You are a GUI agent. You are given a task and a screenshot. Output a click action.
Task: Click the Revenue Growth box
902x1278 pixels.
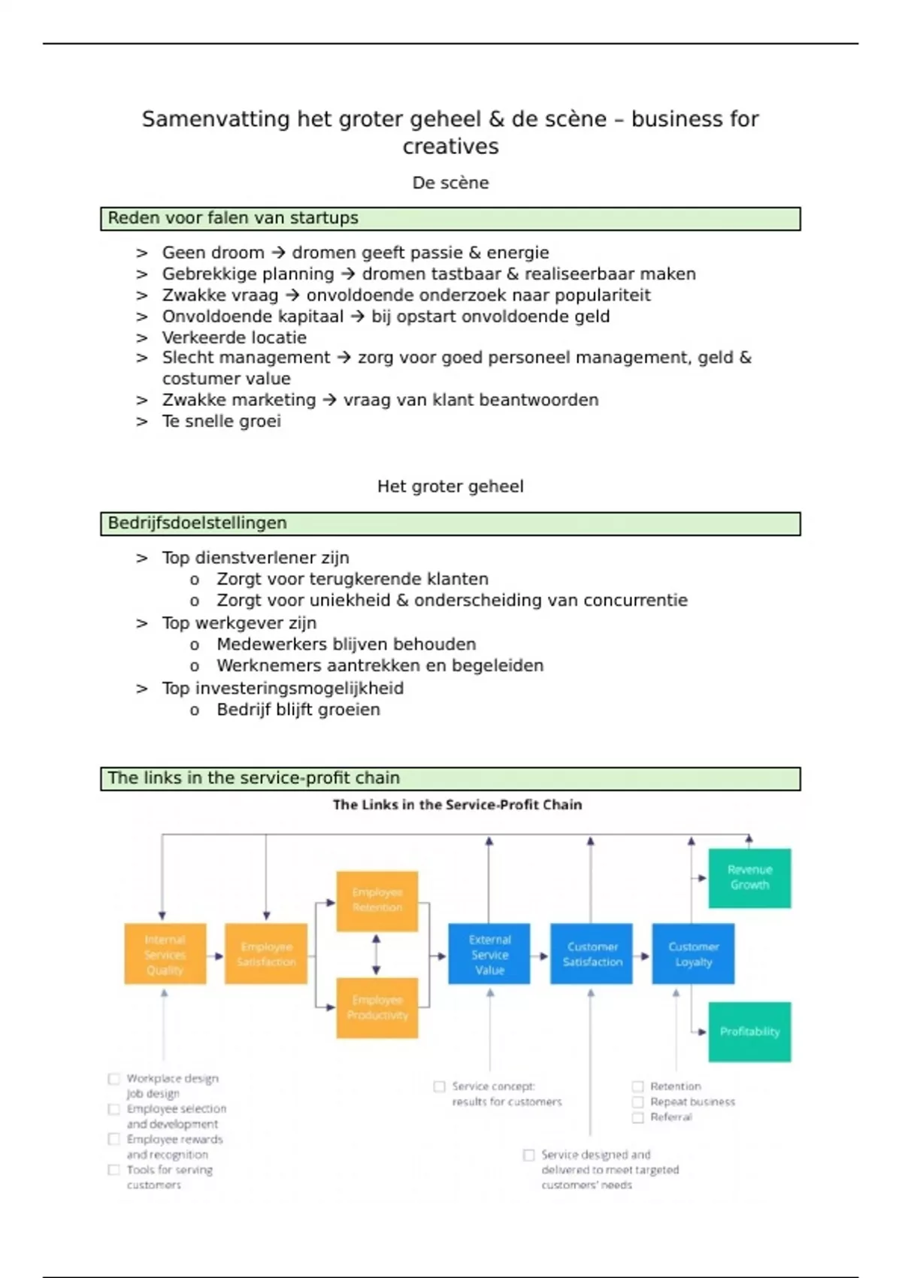(749, 877)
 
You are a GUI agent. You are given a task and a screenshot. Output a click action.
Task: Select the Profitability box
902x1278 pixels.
(749, 1031)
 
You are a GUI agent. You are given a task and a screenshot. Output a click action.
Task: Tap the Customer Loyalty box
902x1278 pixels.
(693, 954)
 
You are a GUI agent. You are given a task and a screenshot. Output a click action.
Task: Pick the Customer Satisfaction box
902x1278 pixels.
(592, 954)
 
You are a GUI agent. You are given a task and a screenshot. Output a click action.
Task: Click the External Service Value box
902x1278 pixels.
(489, 954)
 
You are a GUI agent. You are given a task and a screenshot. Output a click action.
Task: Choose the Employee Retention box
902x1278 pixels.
(377, 901)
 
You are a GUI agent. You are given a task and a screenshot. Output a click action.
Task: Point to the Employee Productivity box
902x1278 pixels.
(377, 1007)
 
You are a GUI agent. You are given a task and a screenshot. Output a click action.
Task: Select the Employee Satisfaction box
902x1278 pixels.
(266, 954)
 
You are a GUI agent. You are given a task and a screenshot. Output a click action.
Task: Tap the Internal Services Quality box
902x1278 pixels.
(165, 954)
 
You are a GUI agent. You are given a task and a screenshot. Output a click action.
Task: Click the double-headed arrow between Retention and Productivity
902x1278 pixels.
(377, 955)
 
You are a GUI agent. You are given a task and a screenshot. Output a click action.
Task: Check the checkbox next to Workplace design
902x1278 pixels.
(114, 1079)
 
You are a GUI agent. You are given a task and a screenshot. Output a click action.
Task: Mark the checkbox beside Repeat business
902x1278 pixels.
(637, 1102)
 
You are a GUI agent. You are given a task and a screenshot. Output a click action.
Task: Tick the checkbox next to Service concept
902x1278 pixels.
(439, 1086)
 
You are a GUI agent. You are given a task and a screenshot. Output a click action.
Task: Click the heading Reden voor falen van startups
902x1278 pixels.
(233, 218)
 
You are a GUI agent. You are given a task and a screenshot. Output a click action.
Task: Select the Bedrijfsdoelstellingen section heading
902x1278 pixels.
(197, 523)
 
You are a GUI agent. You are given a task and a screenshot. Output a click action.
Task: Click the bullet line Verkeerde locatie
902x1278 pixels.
(234, 338)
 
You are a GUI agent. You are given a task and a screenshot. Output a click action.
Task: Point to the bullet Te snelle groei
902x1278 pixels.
(221, 421)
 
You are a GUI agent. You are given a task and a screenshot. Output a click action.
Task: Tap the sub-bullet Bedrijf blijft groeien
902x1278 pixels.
(298, 710)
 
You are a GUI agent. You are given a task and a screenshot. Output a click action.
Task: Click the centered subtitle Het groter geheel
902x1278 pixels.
(450, 486)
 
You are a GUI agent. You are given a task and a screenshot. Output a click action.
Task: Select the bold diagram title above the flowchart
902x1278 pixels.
(457, 804)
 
